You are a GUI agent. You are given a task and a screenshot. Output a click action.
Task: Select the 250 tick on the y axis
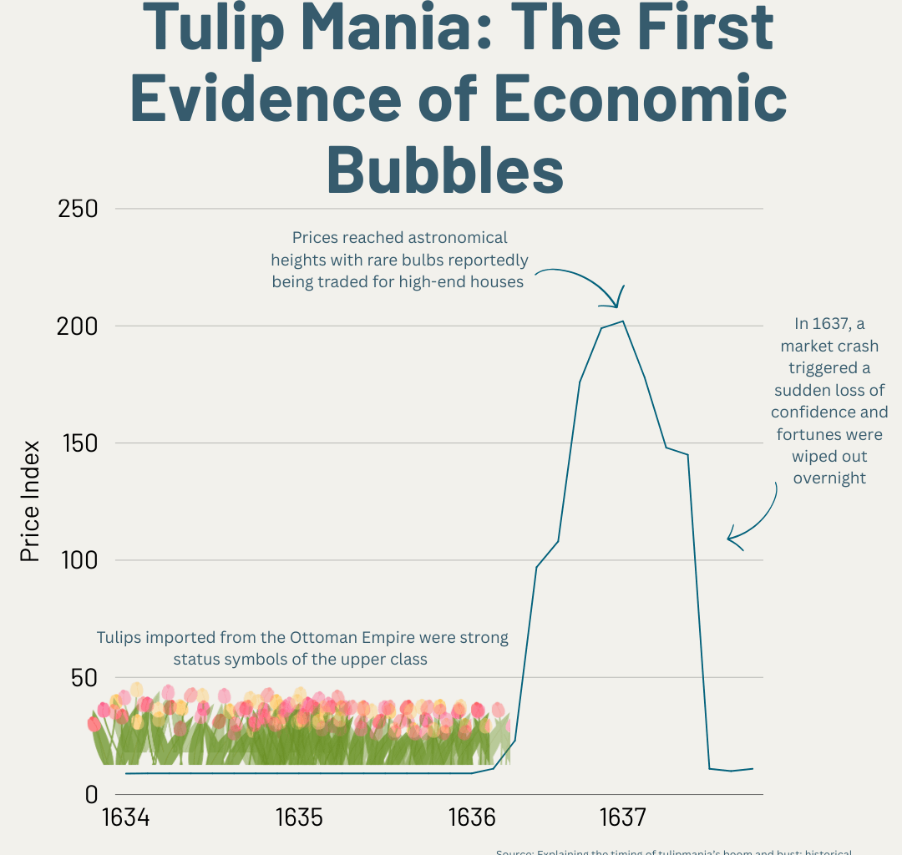coord(78,209)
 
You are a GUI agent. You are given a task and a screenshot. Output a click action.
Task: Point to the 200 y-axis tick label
coord(78,326)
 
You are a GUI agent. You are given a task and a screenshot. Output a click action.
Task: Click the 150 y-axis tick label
coord(78,443)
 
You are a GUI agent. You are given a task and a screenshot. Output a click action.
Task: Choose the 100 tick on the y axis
coord(78,560)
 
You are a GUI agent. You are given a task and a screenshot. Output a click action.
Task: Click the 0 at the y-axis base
coord(91,795)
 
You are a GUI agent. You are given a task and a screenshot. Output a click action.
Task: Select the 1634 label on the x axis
coord(125,817)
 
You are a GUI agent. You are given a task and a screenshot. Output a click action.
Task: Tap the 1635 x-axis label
coord(298,817)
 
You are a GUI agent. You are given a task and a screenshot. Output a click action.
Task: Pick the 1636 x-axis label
coord(473,817)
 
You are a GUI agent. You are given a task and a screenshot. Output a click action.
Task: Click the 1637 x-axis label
coord(621,817)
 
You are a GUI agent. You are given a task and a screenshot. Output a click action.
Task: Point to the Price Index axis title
coord(31,501)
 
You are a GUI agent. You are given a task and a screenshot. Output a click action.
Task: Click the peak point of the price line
coord(622,321)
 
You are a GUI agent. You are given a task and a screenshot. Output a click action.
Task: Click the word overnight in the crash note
coord(829,478)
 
